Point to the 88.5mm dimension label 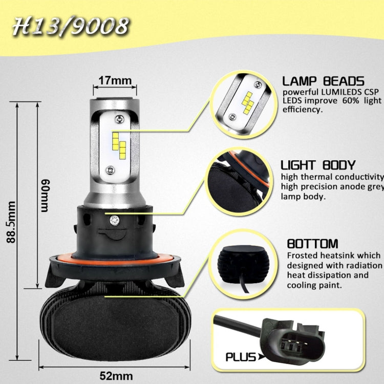[x=12, y=230]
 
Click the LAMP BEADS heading [x=323, y=81]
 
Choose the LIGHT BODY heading [x=318, y=165]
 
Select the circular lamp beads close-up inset [x=243, y=99]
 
